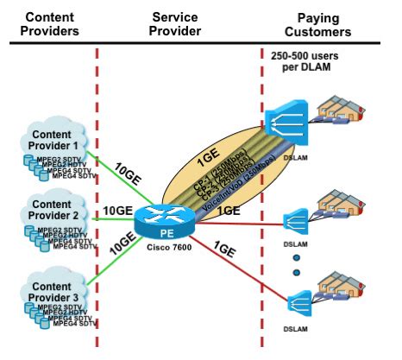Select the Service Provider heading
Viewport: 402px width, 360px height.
pyautogui.click(x=176, y=24)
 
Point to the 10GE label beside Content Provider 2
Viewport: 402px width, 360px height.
pyautogui.click(x=117, y=211)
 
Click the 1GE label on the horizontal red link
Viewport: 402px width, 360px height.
pyautogui.click(x=229, y=210)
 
